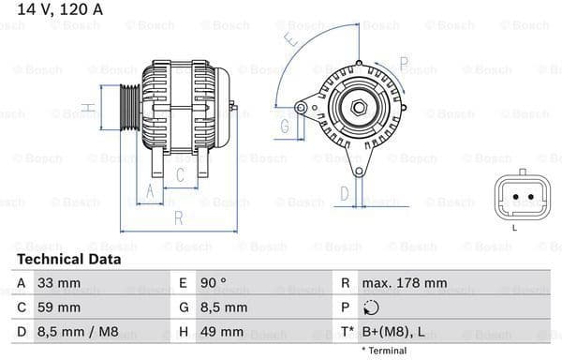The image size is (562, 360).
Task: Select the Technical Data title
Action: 68,259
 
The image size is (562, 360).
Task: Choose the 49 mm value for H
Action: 222,331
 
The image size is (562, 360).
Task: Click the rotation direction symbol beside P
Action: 372,307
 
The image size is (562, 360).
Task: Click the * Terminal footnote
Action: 383,351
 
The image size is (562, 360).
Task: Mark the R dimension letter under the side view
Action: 178,218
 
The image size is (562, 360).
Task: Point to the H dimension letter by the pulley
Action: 86,109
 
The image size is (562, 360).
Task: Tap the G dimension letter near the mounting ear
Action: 284,125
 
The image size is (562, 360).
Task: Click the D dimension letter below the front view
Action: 344,193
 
